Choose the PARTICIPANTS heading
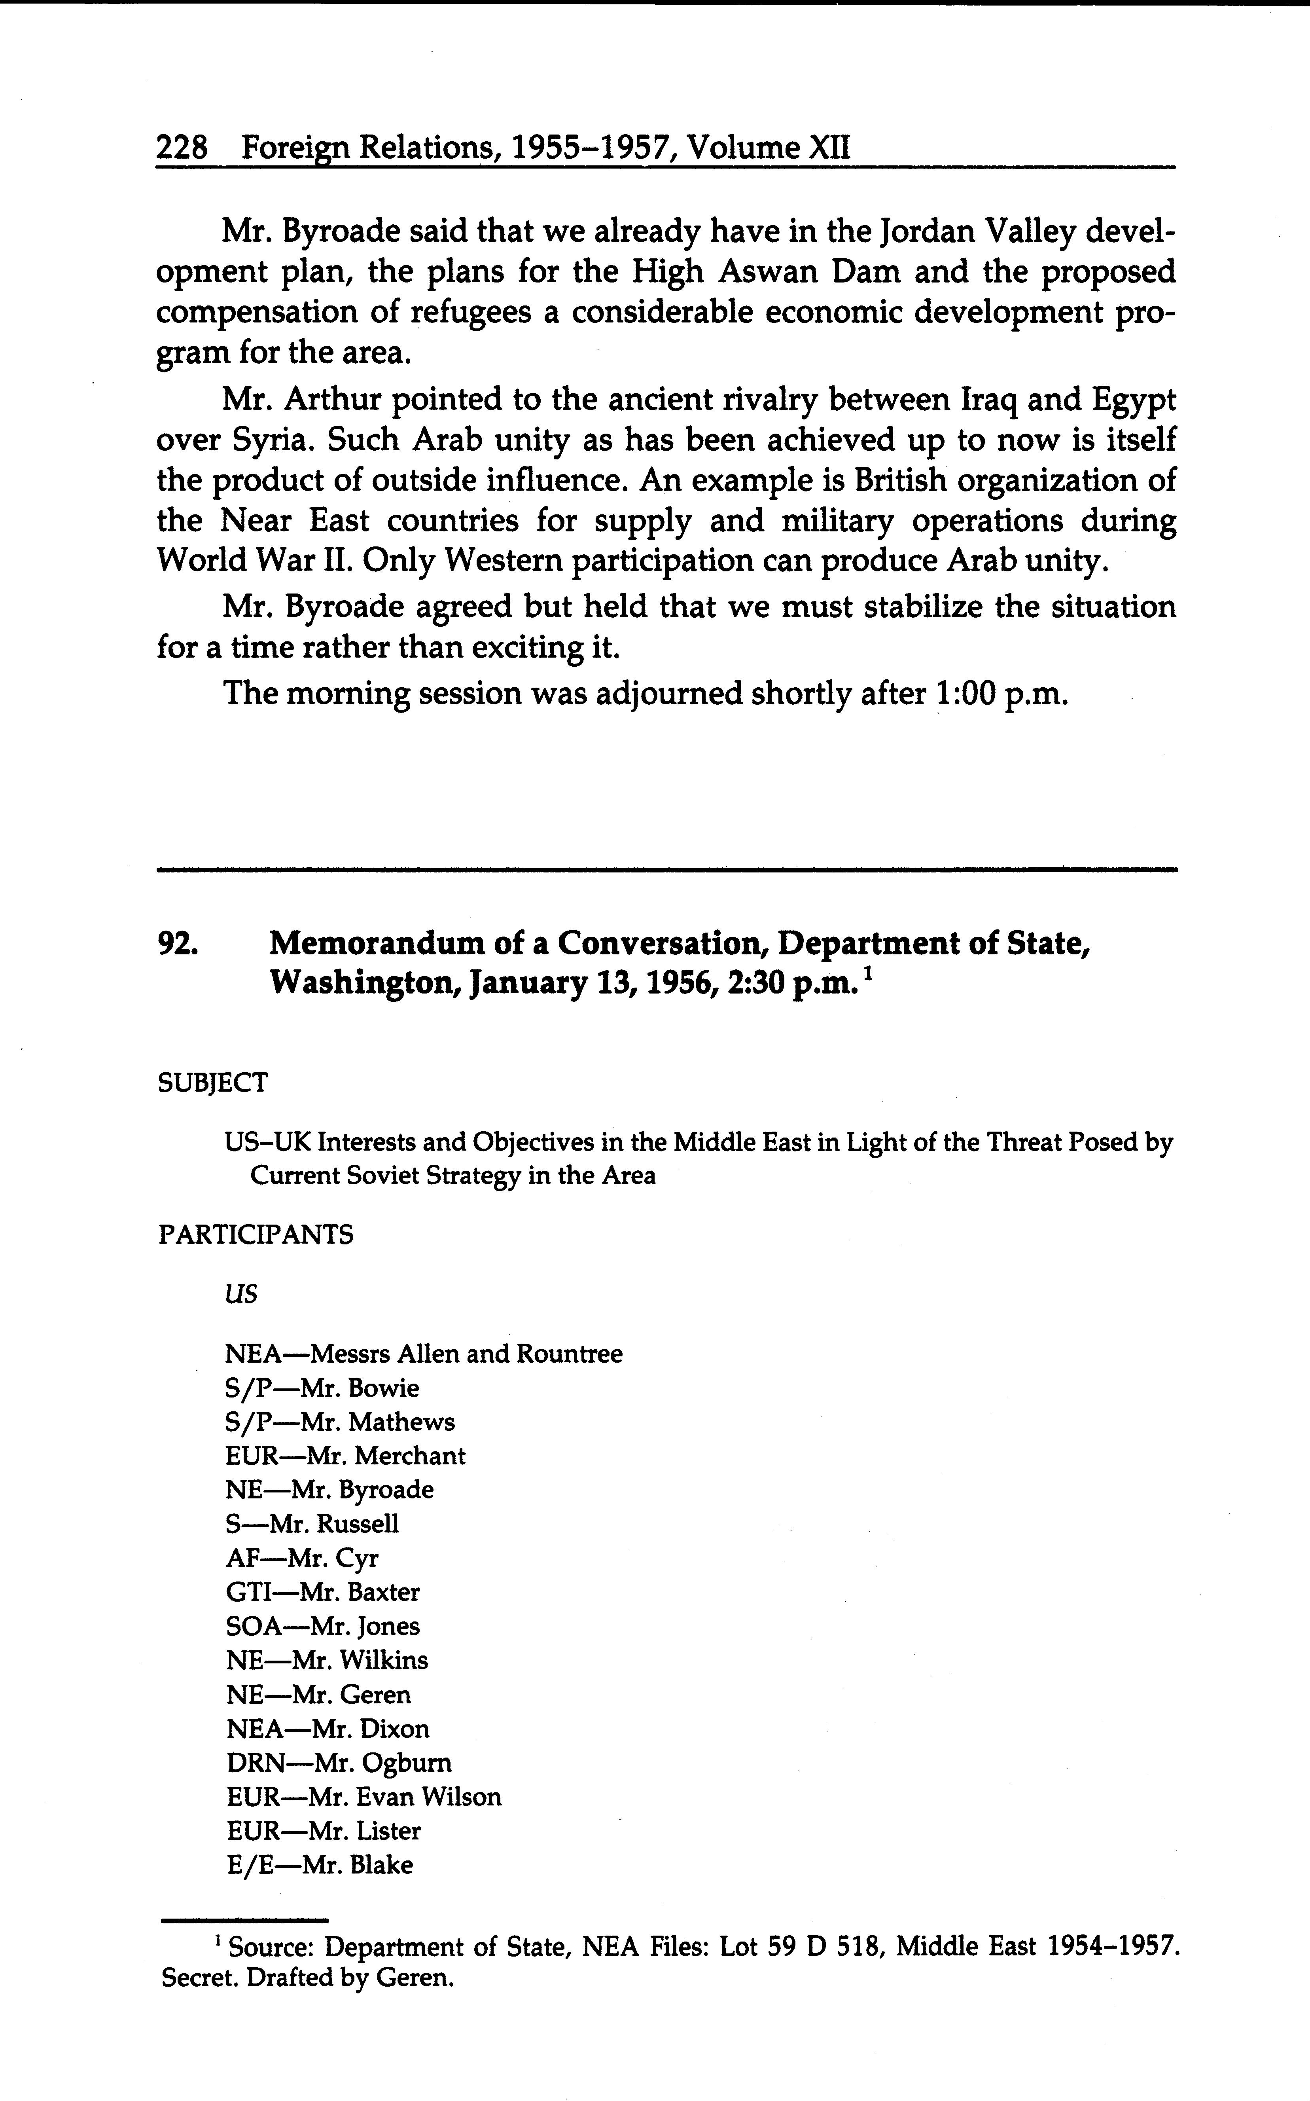point(256,1234)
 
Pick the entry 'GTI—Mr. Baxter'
point(322,1592)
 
